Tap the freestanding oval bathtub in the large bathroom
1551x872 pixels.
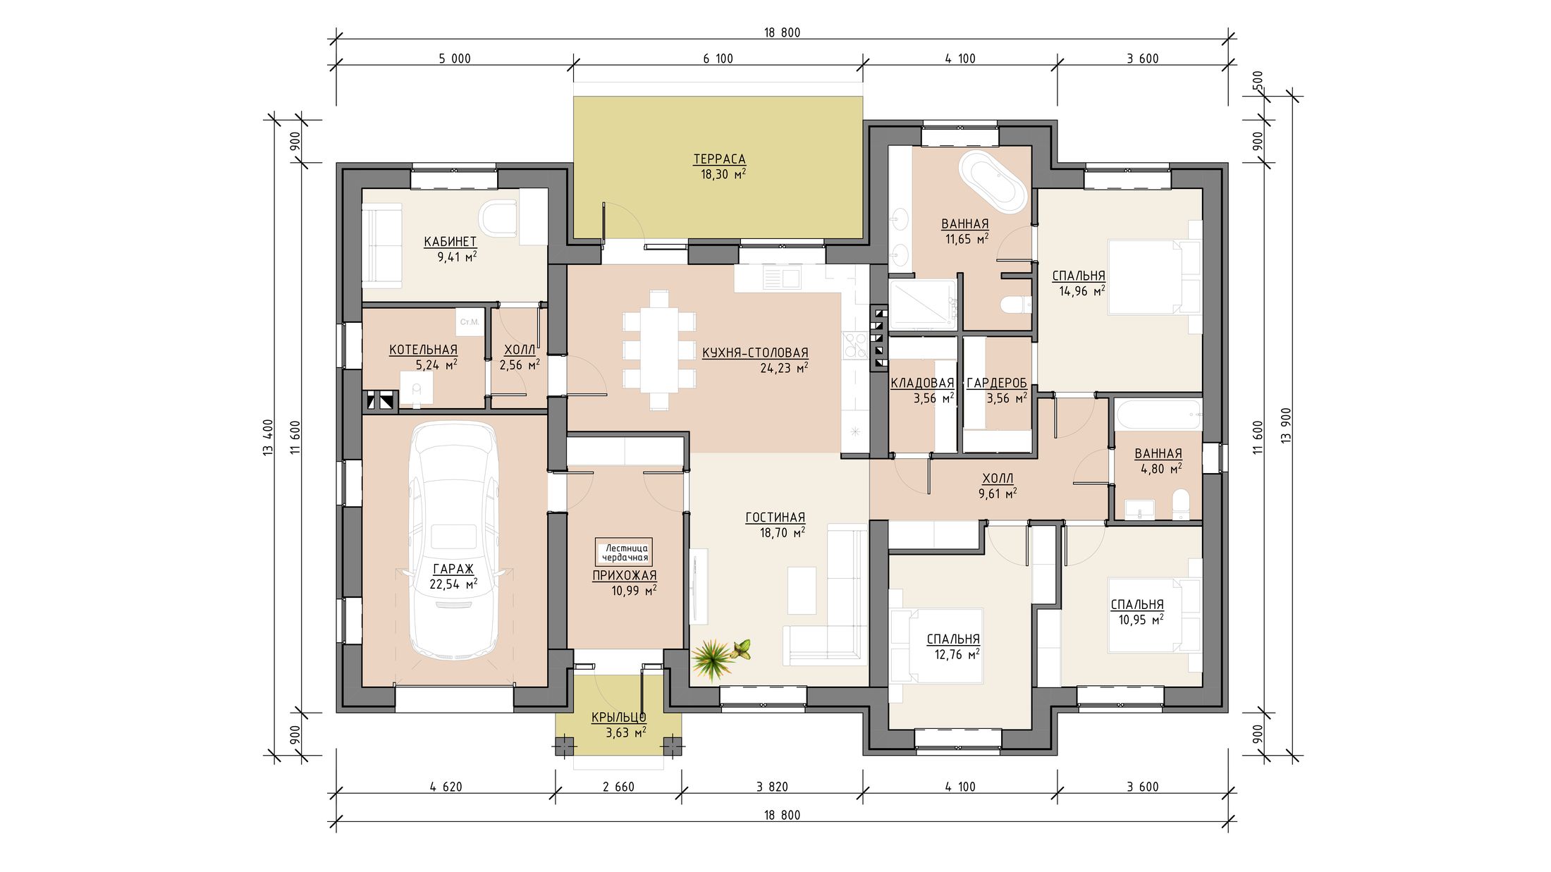coord(992,181)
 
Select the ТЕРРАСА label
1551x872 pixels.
coord(719,159)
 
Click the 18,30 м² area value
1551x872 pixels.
coord(723,174)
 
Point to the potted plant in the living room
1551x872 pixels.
coord(719,658)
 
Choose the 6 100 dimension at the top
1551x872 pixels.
coord(718,59)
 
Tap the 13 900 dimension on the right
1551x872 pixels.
coord(1287,425)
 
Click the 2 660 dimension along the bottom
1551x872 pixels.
coord(618,787)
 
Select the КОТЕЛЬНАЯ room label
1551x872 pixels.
coord(423,350)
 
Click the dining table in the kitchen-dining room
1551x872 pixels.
coord(659,350)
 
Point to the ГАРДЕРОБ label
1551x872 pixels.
coord(996,383)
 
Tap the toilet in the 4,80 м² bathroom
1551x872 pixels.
coord(1180,505)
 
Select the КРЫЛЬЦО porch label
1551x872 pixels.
coord(618,718)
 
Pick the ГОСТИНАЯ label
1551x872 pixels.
coord(775,518)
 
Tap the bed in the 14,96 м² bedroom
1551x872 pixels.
coord(1154,276)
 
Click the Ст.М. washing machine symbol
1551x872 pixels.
coord(469,322)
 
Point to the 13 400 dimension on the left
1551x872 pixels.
coord(267,437)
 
